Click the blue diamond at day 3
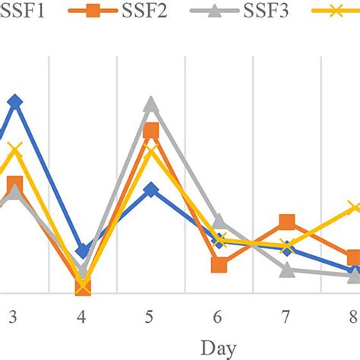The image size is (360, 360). [14, 101]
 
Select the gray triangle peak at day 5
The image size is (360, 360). [150, 105]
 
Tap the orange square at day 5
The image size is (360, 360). [150, 131]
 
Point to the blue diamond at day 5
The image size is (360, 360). [150, 189]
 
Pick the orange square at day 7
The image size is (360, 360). [286, 222]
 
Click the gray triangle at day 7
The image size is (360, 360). [286, 270]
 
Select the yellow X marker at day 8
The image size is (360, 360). [354, 207]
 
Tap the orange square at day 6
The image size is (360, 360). [219, 264]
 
